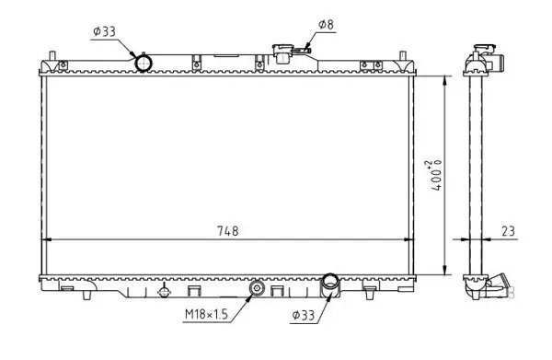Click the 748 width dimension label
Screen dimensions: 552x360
[x=228, y=231]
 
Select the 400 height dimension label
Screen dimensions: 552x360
[x=436, y=176]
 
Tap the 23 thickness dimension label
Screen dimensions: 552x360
[x=508, y=231]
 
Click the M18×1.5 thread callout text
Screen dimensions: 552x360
[x=207, y=314]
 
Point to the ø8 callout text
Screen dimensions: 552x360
[x=326, y=24]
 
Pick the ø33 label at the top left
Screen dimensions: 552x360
[x=105, y=31]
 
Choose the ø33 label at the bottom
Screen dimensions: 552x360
[x=303, y=315]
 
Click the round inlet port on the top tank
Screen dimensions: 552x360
[x=144, y=63]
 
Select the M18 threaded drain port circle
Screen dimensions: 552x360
[x=257, y=288]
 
